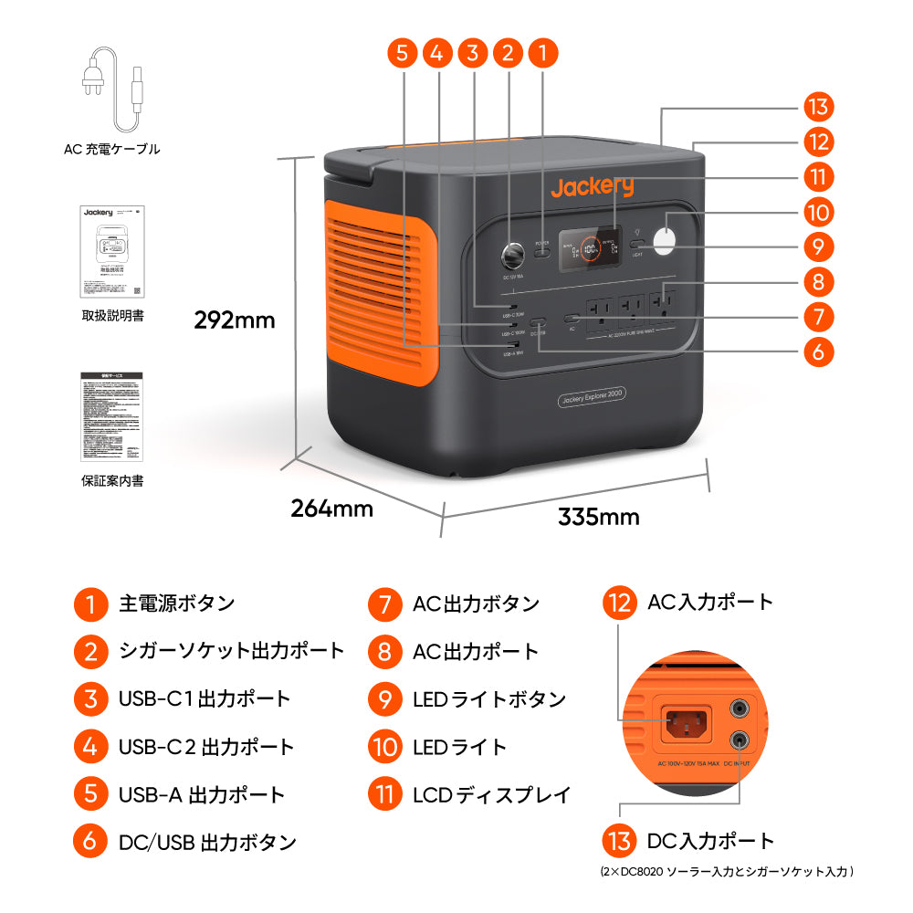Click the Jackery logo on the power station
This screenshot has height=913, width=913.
592,187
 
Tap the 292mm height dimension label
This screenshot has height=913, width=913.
235,320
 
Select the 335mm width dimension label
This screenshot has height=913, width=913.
598,517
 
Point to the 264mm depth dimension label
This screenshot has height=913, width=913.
331,509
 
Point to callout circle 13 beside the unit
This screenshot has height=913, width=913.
818,107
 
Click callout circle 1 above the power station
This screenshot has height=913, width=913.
543,53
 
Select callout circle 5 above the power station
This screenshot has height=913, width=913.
402,53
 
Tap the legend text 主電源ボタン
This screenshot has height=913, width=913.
176,603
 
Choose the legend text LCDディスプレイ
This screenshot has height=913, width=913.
491,794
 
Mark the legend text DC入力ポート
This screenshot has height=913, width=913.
709,841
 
